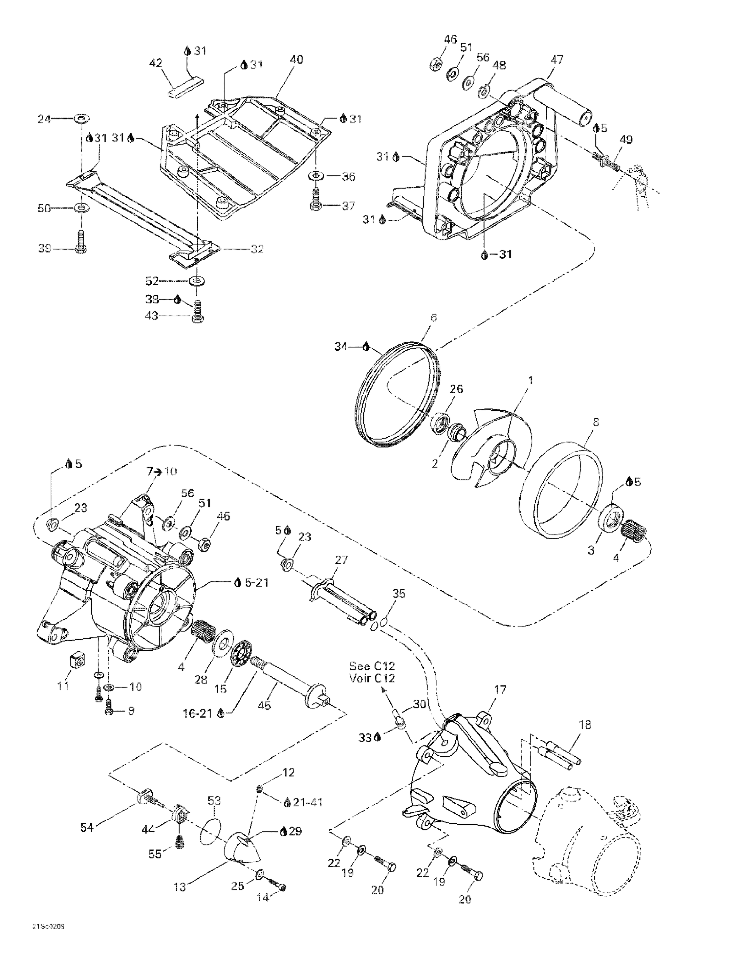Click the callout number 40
[x=296, y=59]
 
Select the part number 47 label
[x=557, y=59]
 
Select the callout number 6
[x=434, y=317]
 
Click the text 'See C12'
[x=372, y=666]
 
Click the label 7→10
[x=161, y=472]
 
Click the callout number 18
[x=585, y=724]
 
